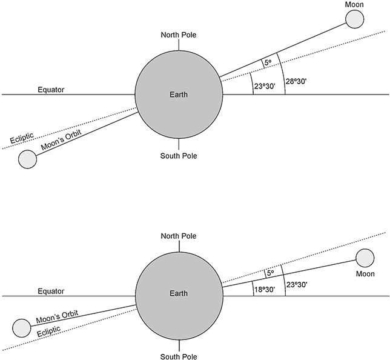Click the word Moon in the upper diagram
tap(355, 5)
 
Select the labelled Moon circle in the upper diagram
tap(355, 19)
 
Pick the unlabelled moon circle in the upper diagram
tap(27, 159)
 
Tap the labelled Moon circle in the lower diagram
tap(365, 258)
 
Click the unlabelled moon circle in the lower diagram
tap(21, 327)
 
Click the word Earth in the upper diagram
tap(179, 95)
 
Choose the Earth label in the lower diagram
tap(179, 293)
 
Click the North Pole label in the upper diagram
tap(179, 35)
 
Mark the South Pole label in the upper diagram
tap(179, 156)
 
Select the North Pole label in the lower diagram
tap(179, 235)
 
